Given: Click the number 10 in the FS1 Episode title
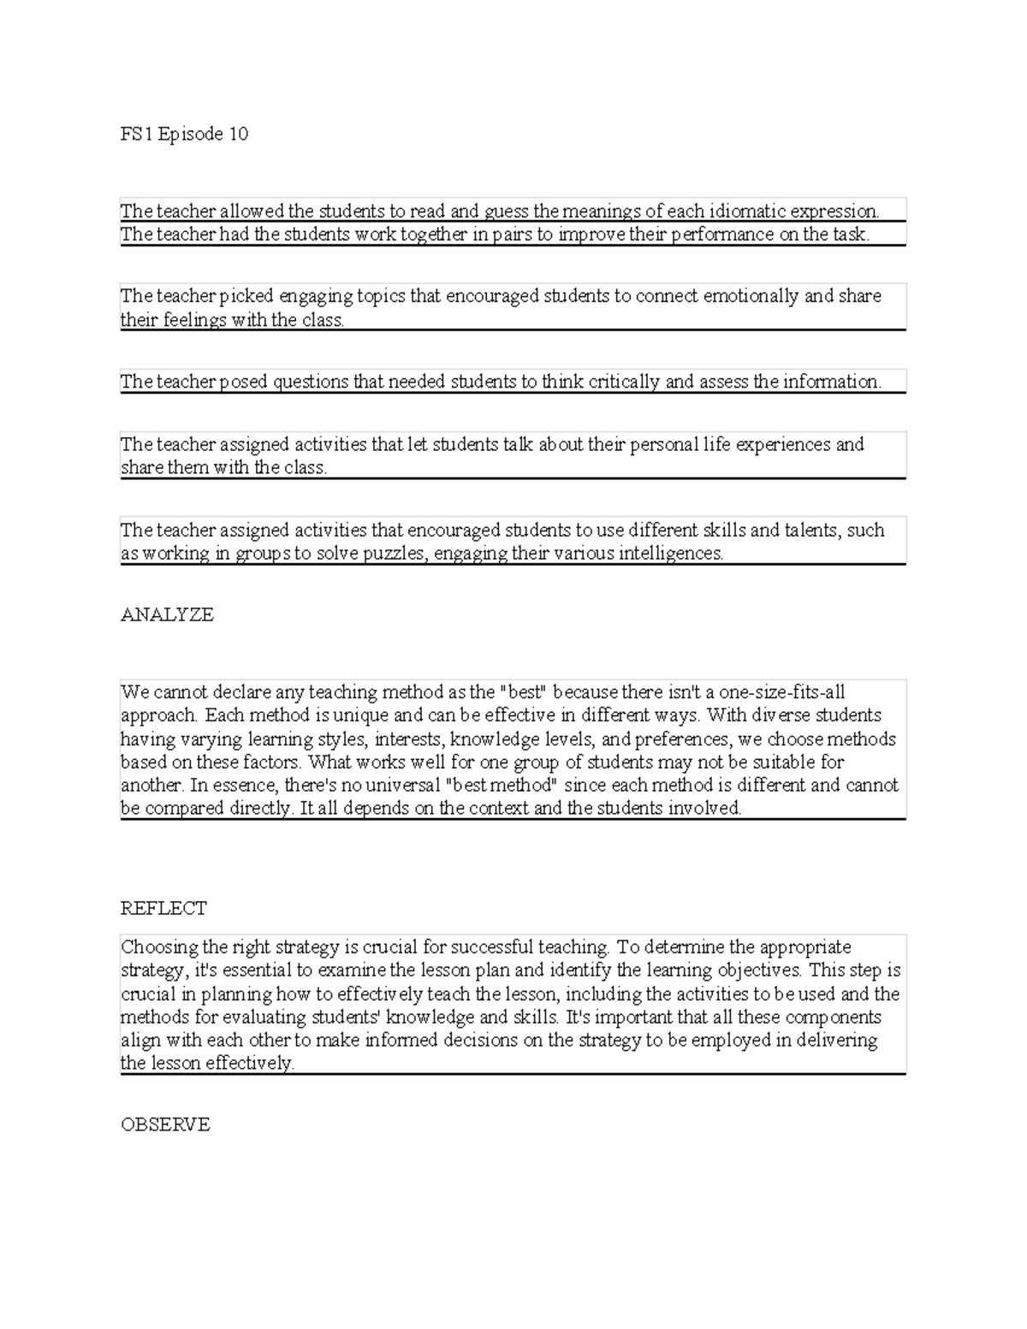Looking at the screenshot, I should click(x=237, y=133).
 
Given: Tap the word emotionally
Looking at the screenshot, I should click(x=751, y=296).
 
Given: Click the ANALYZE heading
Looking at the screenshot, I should click(x=167, y=614).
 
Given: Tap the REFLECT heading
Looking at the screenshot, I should click(x=163, y=908).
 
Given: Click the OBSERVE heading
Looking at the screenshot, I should click(x=165, y=1124).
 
